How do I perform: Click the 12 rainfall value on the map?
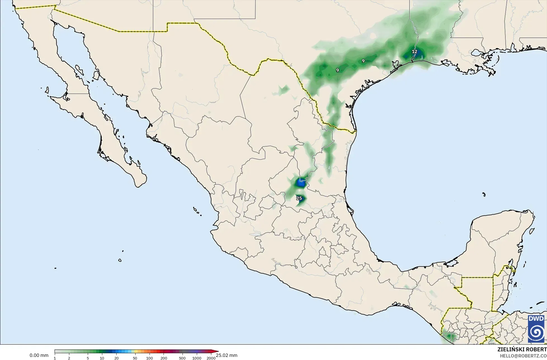tap(414, 52)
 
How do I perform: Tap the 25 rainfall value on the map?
tap(299, 198)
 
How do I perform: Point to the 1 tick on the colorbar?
tap(55, 358)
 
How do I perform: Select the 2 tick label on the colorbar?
tap(69, 358)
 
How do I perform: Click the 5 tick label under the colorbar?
tap(88, 358)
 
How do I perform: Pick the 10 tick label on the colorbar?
tap(102, 358)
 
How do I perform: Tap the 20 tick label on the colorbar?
tap(116, 358)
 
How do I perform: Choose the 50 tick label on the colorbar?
tap(135, 358)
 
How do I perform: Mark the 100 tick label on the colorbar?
tap(149, 358)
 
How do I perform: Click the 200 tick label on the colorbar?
tap(164, 358)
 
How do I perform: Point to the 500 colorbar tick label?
tap(182, 358)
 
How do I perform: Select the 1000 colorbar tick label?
tap(197, 358)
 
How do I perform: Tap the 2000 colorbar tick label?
tap(211, 358)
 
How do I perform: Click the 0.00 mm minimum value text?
tap(39, 356)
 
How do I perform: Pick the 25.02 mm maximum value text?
tap(227, 356)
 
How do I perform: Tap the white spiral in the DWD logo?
tap(536, 332)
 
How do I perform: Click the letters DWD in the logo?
tap(536, 319)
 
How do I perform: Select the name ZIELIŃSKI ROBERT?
tap(522, 350)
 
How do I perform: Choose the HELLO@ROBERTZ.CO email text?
tap(523, 356)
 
